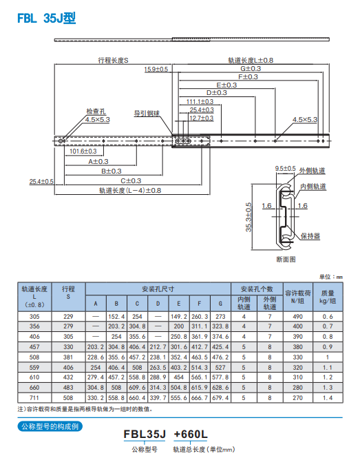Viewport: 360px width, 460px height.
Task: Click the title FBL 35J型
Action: pyautogui.click(x=47, y=18)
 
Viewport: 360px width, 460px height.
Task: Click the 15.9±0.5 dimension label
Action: pyautogui.click(x=156, y=70)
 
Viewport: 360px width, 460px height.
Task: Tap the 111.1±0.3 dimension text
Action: pyautogui.click(x=200, y=101)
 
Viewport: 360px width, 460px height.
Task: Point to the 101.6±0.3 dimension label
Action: pyautogui.click(x=83, y=151)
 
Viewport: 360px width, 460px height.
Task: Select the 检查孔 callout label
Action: pyautogui.click(x=96, y=112)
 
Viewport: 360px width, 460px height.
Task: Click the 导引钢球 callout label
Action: pyautogui.click(x=147, y=113)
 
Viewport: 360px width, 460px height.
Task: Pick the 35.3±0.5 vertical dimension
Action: pyautogui.click(x=248, y=217)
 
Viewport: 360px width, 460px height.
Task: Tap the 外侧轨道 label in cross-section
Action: pyautogui.click(x=312, y=171)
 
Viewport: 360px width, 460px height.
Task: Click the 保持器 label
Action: pyautogui.click(x=310, y=236)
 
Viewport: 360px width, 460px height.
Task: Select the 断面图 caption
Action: pyautogui.click(x=286, y=260)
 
